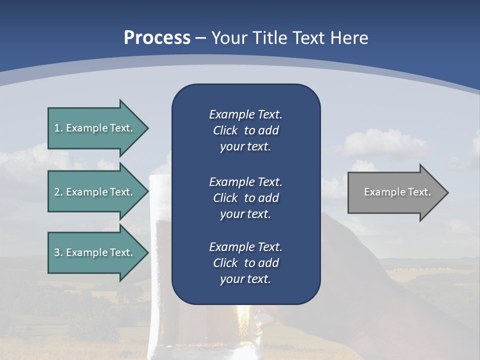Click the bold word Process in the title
click(157, 37)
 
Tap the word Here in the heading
click(348, 37)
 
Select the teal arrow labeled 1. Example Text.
click(95, 128)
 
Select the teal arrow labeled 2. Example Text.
click(95, 192)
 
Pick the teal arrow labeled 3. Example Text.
click(95, 252)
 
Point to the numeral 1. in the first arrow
click(58, 128)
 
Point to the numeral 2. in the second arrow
click(58, 192)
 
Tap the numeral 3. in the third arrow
click(58, 252)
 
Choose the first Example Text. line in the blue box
click(245, 114)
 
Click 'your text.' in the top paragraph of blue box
click(245, 146)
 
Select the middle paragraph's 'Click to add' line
click(245, 198)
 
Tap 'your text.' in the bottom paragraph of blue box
click(245, 279)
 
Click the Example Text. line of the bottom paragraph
click(245, 247)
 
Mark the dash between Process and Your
click(200, 38)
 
